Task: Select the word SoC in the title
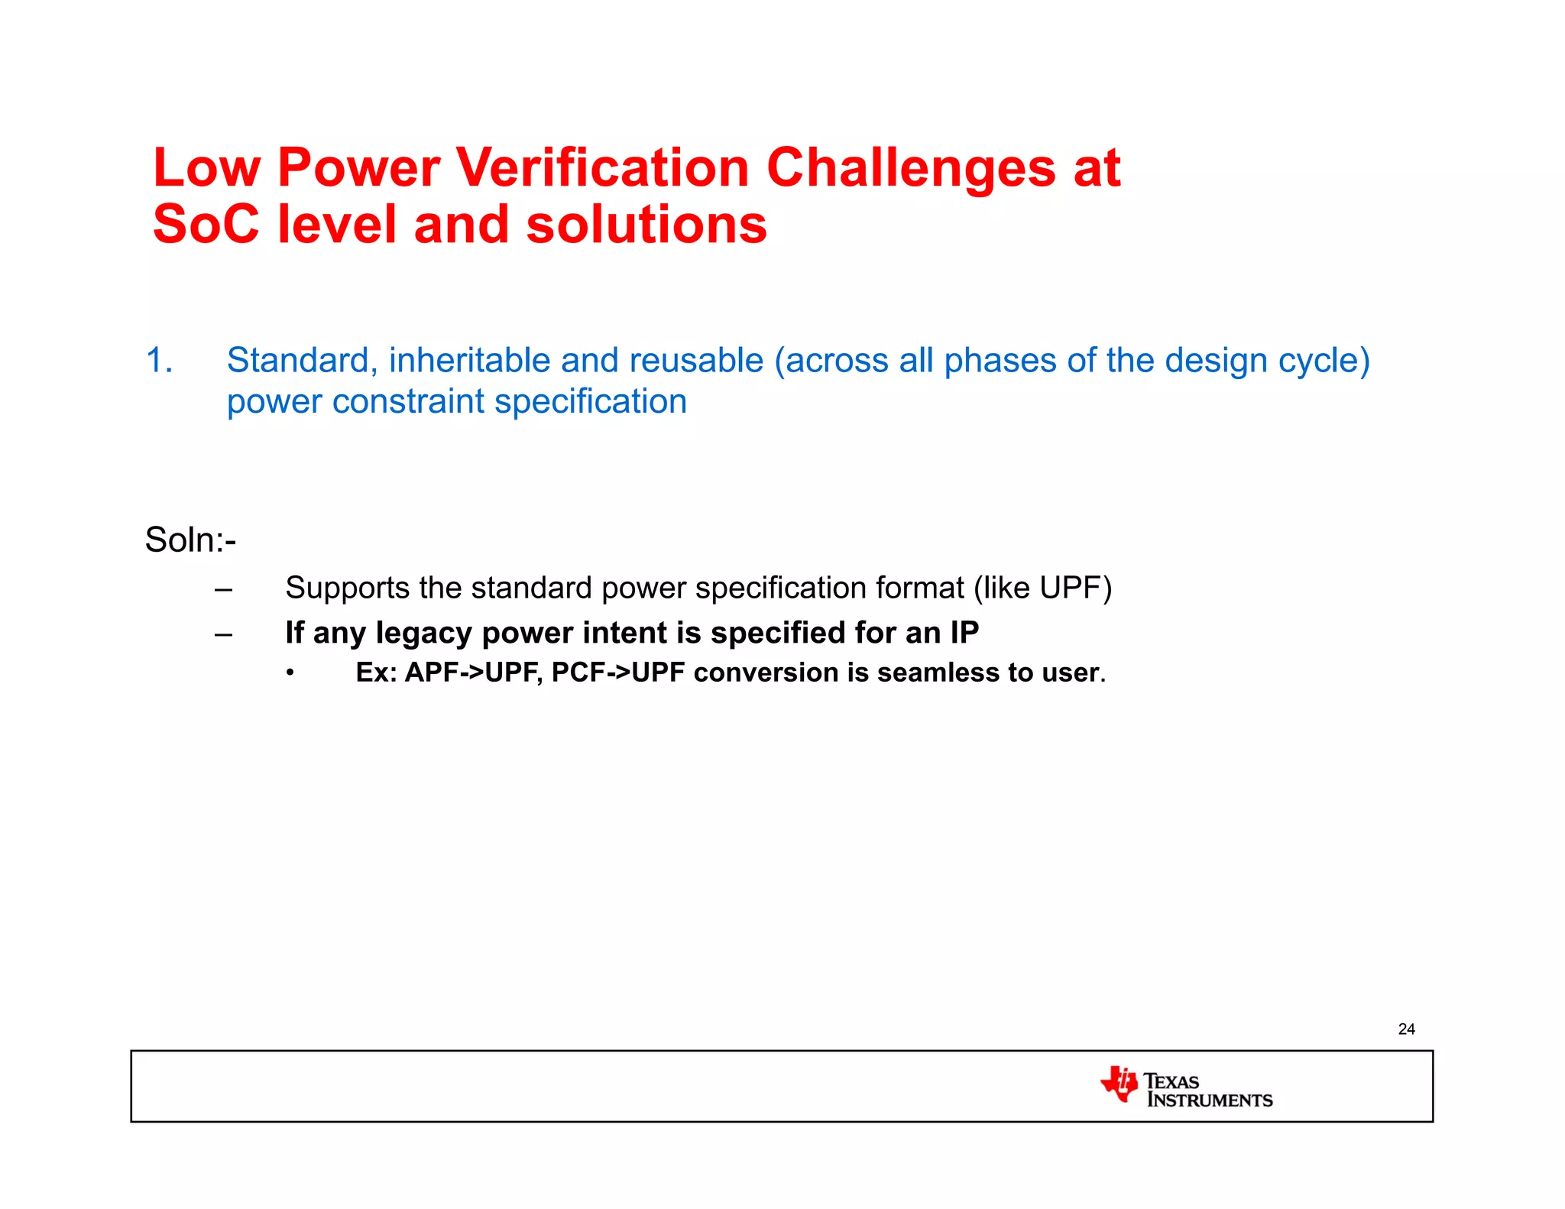click(206, 225)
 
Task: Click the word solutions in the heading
click(646, 225)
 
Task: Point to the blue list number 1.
click(158, 361)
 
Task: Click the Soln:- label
click(190, 540)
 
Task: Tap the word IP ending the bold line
click(964, 633)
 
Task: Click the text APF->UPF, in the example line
click(474, 673)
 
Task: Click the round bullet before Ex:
click(290, 673)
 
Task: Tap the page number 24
click(1406, 1029)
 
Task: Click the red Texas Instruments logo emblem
click(1119, 1084)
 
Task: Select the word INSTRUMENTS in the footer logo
click(1210, 1100)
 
